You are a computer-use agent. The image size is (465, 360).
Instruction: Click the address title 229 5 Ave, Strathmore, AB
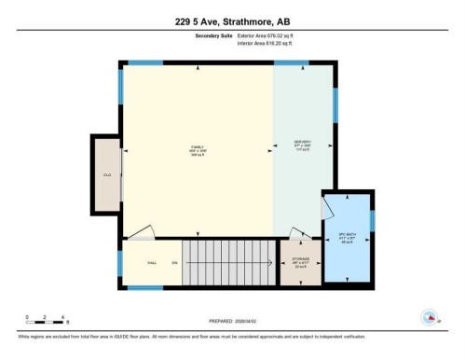[x=232, y=21]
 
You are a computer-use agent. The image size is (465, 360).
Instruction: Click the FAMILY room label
[x=198, y=147]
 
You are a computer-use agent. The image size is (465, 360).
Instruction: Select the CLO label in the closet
[x=106, y=173]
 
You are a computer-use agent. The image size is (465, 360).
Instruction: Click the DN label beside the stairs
[x=174, y=263]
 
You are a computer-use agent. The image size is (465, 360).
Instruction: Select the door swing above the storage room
[x=297, y=233]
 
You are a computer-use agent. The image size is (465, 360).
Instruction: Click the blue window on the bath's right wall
[x=372, y=221]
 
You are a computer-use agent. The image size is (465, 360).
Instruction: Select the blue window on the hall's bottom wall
[x=144, y=287]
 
